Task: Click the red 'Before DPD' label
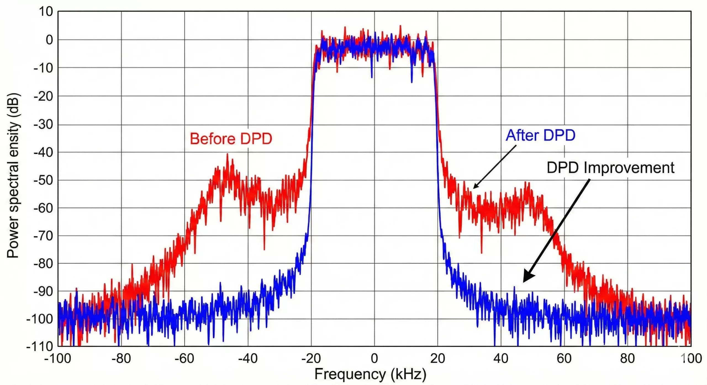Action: (x=231, y=139)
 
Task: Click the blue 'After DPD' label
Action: (x=540, y=135)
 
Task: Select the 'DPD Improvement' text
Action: (x=610, y=168)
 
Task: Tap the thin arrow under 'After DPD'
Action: (x=494, y=167)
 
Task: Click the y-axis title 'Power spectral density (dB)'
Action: (x=13, y=176)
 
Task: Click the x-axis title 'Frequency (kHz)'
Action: (x=370, y=374)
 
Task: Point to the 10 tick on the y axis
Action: (x=46, y=12)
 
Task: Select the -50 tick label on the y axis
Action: (x=43, y=180)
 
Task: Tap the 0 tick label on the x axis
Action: (x=374, y=359)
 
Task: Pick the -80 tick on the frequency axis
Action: (x=121, y=359)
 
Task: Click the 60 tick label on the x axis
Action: (x=564, y=359)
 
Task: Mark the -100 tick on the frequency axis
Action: (x=57, y=359)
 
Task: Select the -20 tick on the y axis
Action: (x=43, y=97)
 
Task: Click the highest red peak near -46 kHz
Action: (x=227, y=155)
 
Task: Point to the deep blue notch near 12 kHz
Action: (x=412, y=81)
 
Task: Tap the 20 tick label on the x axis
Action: (x=437, y=359)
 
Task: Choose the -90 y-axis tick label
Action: (x=43, y=292)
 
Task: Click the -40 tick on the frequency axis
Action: (x=248, y=359)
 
